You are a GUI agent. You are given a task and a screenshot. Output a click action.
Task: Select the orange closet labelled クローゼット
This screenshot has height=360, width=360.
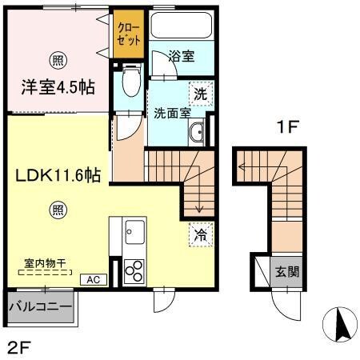[128, 34]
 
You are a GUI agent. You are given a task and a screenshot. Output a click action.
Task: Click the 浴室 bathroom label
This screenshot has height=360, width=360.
[182, 57]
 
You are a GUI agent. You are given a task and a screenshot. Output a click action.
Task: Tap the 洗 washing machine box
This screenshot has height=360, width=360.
[202, 93]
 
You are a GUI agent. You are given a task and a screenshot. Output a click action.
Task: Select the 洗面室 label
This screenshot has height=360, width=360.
[172, 113]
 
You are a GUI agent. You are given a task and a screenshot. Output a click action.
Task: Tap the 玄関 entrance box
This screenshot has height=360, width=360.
[287, 272]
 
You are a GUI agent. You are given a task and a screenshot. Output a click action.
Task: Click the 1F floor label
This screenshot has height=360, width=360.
[288, 127]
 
